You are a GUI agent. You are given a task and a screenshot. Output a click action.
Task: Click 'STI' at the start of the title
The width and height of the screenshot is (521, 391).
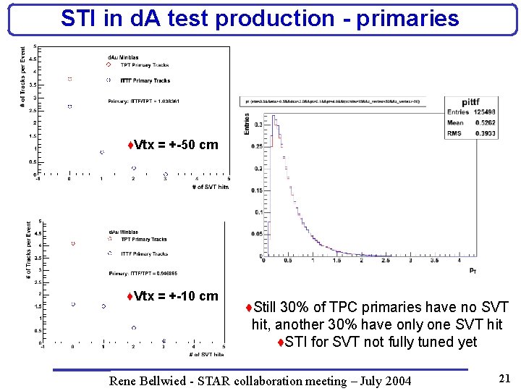click(77, 18)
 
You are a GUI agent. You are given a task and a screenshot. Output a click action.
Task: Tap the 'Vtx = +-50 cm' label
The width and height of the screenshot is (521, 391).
click(172, 145)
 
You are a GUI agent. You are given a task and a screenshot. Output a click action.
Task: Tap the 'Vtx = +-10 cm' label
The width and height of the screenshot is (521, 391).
click(172, 296)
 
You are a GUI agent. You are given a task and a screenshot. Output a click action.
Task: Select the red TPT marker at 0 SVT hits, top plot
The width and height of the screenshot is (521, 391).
click(69, 79)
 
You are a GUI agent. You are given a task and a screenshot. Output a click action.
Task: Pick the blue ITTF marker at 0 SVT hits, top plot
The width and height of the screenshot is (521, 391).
click(69, 106)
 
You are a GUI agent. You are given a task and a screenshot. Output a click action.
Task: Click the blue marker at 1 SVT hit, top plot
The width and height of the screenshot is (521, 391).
click(102, 152)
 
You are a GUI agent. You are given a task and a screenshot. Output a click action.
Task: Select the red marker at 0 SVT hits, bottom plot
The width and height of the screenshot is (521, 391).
click(73, 244)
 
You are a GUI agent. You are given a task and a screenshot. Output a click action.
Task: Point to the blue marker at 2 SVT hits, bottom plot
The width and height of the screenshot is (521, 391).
click(133, 328)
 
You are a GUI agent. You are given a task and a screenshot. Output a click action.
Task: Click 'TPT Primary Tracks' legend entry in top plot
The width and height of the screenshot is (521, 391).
click(145, 65)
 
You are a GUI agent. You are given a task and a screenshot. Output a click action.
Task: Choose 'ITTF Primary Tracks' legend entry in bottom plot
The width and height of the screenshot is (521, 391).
click(144, 254)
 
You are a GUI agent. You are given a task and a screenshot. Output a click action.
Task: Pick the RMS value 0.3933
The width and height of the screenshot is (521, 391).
click(480, 133)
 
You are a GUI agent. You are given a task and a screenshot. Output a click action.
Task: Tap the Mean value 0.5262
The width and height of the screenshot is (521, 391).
click(480, 123)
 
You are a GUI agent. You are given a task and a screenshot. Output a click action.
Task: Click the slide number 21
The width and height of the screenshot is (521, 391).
click(504, 377)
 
